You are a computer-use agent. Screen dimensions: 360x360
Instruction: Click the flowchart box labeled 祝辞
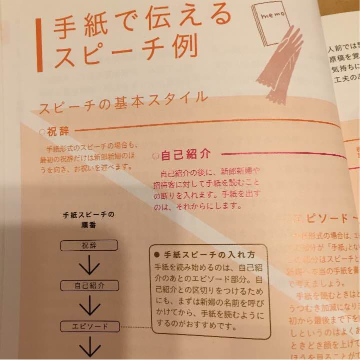tap(89, 246)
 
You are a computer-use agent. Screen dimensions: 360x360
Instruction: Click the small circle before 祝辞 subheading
tap(41, 132)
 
